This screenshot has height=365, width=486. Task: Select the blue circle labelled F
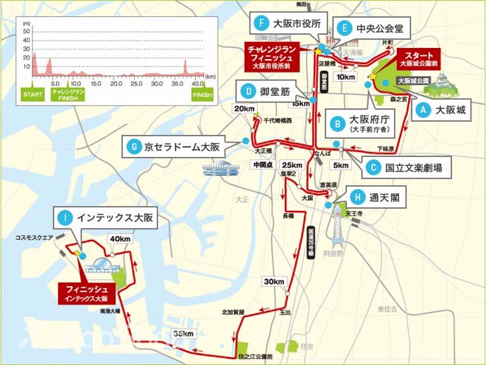pyautogui.click(x=258, y=23)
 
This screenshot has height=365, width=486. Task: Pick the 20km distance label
pyautogui.click(x=244, y=108)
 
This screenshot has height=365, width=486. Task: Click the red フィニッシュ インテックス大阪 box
pyautogui.click(x=85, y=293)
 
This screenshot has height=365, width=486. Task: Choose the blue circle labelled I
pyautogui.click(x=65, y=218)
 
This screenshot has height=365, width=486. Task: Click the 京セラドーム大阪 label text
pyautogui.click(x=182, y=147)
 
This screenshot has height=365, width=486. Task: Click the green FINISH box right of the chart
pyautogui.click(x=201, y=95)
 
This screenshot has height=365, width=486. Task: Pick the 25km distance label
pyautogui.click(x=292, y=164)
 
